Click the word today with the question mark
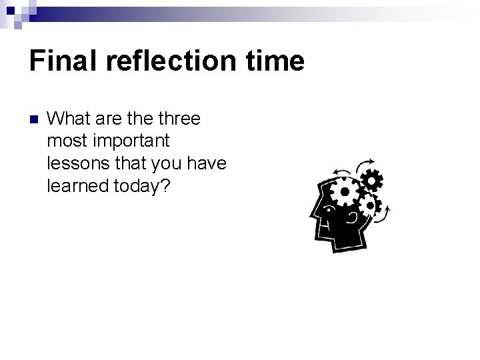(x=141, y=185)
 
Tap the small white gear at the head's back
(x=371, y=206)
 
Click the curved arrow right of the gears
(x=387, y=214)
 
